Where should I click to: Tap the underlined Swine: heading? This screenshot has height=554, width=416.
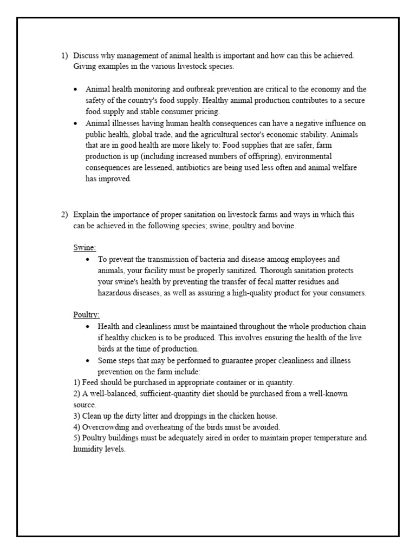click(x=84, y=248)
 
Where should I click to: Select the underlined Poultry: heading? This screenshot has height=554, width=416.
click(x=87, y=315)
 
